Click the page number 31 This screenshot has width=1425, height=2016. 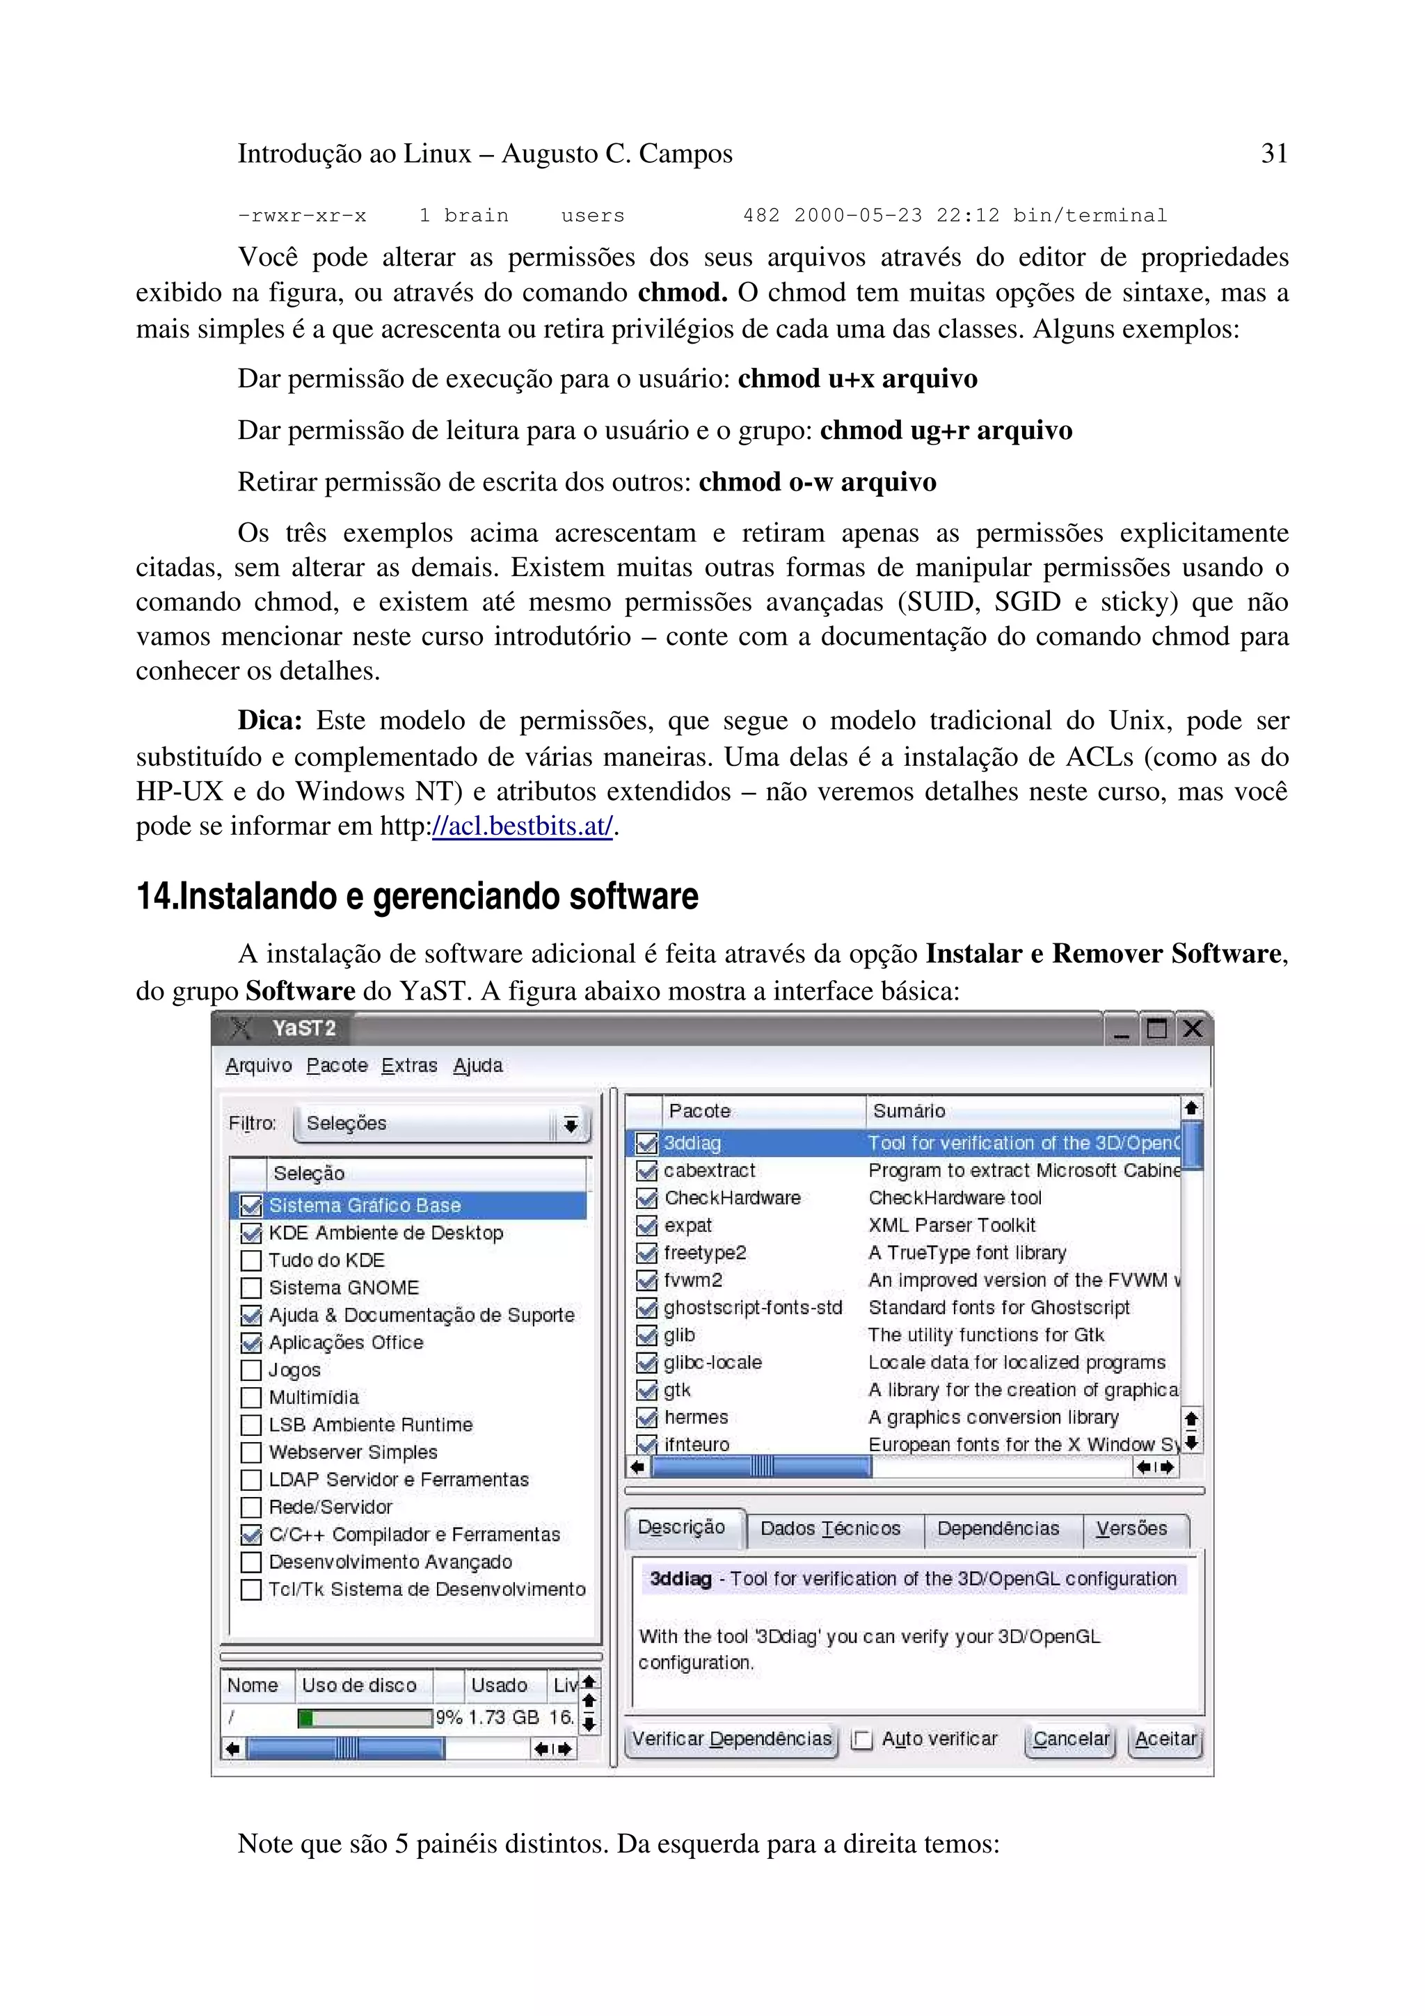tap(1273, 154)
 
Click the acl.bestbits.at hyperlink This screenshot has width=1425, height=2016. tap(523, 826)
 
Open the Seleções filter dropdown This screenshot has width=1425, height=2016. tap(442, 1124)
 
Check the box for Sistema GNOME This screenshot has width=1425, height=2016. tap(251, 1288)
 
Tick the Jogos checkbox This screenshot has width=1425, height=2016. tap(251, 1370)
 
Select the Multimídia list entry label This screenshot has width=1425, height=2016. tap(313, 1398)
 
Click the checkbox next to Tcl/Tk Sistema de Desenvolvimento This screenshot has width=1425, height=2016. tap(251, 1590)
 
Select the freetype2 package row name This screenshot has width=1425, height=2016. tap(704, 1253)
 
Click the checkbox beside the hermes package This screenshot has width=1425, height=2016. tap(646, 1418)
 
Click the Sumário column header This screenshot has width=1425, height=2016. tap(909, 1111)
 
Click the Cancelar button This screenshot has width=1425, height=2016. tap(1070, 1739)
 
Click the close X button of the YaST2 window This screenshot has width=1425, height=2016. tap(1191, 1028)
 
